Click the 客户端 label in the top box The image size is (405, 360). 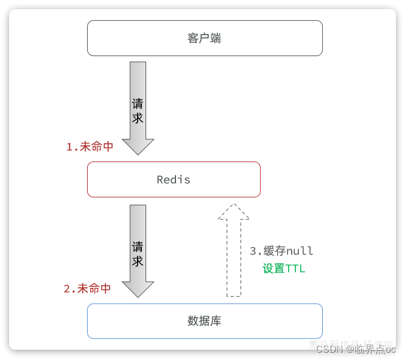(204, 38)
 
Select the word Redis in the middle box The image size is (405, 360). (174, 180)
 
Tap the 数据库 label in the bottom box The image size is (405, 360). (205, 321)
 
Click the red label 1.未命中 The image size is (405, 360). (90, 147)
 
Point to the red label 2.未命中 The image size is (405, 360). (87, 289)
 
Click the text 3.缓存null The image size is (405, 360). (281, 251)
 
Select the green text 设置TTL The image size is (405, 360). (284, 269)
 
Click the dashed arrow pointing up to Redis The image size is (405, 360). (234, 256)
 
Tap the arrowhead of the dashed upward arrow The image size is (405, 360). (234, 212)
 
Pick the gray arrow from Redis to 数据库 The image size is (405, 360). (138, 247)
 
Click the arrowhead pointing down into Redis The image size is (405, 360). (138, 146)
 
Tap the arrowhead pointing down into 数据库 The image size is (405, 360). (138, 289)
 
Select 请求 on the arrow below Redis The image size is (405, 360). (138, 253)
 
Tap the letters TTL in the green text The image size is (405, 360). (295, 269)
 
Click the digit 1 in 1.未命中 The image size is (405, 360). (69, 147)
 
